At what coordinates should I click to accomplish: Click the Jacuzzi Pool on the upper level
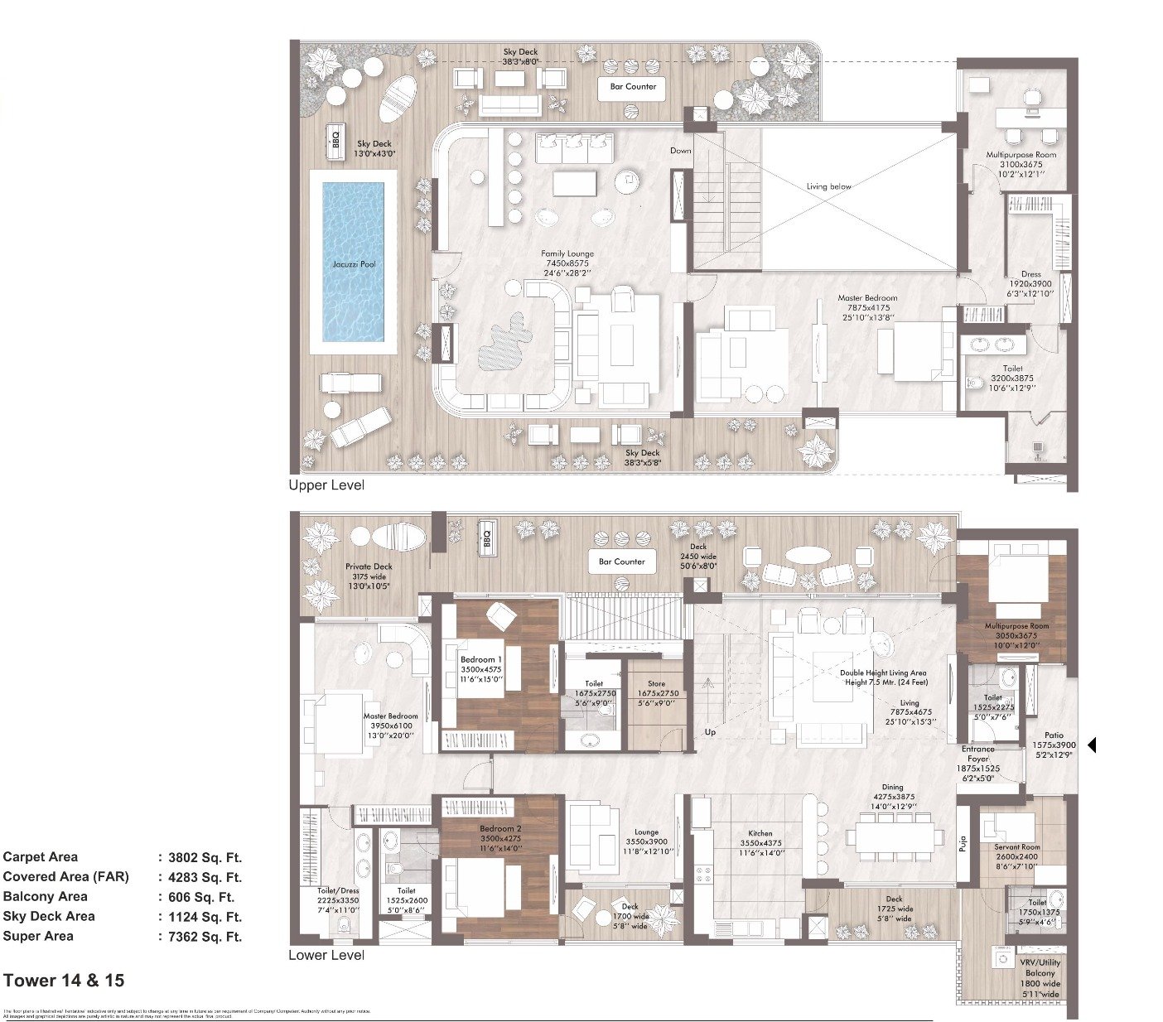pyautogui.click(x=354, y=263)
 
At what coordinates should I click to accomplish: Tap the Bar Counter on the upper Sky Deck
pyautogui.click(x=633, y=87)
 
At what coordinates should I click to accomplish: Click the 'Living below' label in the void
pyautogui.click(x=828, y=186)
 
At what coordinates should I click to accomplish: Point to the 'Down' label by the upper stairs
pyautogui.click(x=680, y=151)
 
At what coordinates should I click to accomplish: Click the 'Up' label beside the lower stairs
pyautogui.click(x=710, y=732)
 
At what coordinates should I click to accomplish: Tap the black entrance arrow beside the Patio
pyautogui.click(x=1091, y=745)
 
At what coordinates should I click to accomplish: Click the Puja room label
pyautogui.click(x=963, y=845)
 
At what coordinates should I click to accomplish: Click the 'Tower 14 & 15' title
pyautogui.click(x=64, y=981)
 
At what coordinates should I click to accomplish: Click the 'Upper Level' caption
pyautogui.click(x=326, y=485)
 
